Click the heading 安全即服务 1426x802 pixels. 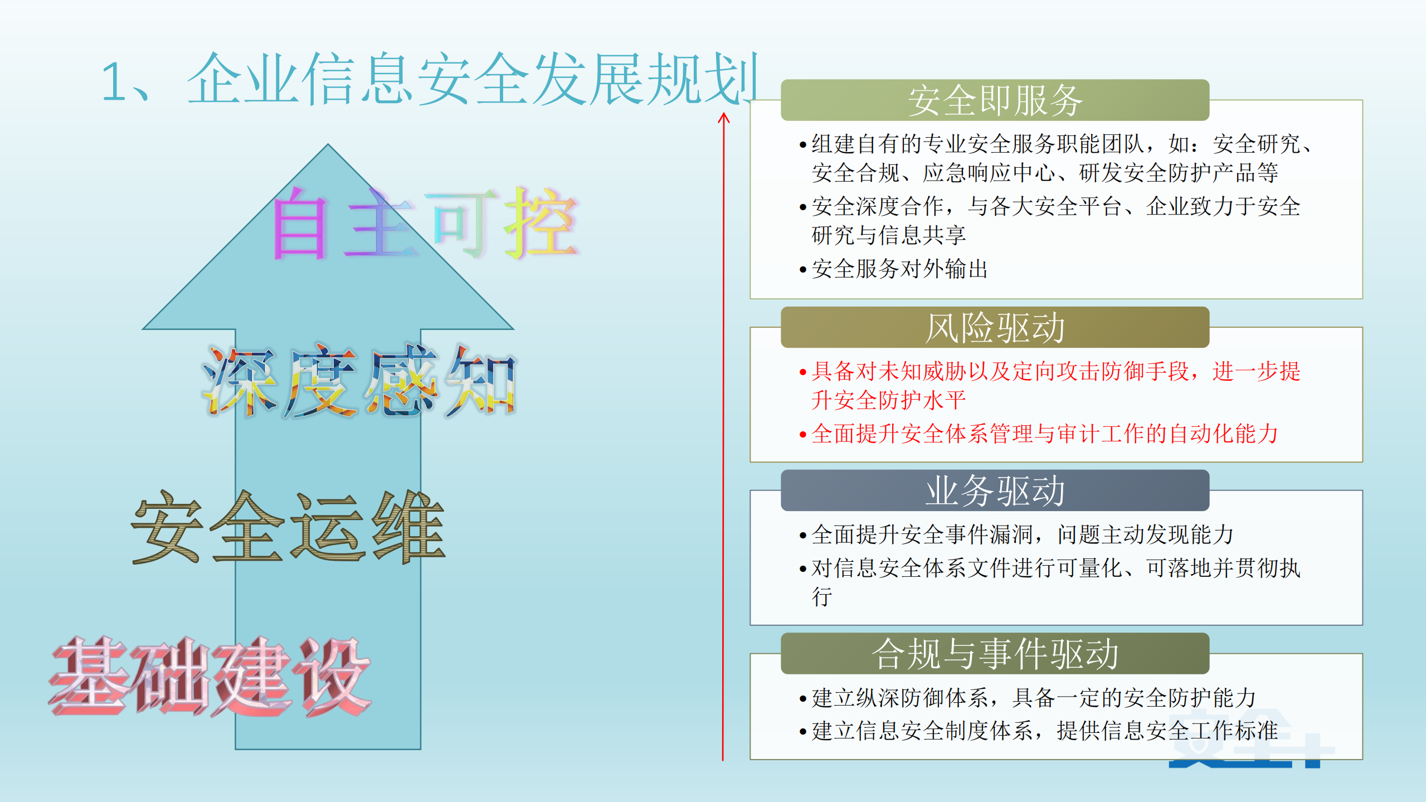coord(995,101)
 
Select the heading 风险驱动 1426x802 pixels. coord(995,328)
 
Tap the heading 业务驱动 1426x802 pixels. coord(995,491)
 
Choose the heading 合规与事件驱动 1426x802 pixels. coord(995,654)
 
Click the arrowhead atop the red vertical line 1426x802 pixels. coord(723,118)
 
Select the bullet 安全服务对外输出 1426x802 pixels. coord(899,269)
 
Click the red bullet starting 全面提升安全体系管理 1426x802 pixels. coord(1044,434)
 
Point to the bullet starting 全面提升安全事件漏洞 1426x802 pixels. coord(1021,534)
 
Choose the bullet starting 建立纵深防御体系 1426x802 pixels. coord(1033,698)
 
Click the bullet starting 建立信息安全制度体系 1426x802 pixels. coord(1044,731)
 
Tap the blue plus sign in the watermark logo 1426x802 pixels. coord(1312,750)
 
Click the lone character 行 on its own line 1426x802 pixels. coord(822,597)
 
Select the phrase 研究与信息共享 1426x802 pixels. coord(888,235)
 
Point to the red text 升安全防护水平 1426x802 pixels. coord(888,400)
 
